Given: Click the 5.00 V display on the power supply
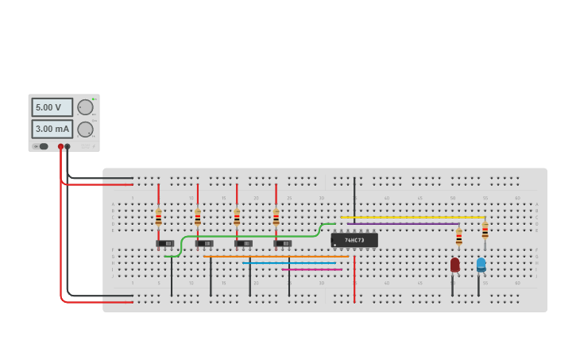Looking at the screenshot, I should point(52,107).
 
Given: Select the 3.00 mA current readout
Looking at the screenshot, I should point(52,129).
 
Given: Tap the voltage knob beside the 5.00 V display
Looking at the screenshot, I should point(85,107).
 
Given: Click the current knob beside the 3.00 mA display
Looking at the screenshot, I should point(85,129).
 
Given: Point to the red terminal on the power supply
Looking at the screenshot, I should point(60,147).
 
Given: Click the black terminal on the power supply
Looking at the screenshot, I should point(68,147).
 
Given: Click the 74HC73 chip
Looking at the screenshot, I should point(354,240).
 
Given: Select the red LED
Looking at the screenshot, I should point(454,265).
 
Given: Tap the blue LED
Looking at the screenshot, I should point(481,264).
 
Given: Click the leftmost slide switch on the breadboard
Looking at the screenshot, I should point(165,243).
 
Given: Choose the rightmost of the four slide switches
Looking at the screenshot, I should point(283,243).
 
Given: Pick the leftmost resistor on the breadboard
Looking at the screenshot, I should point(158,217).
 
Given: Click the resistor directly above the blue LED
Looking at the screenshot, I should point(485,230).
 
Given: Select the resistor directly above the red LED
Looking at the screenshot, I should point(458,237).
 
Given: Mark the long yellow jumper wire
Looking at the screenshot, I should point(413,217).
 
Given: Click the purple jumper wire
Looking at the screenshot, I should point(401,224).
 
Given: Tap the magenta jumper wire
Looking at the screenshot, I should point(311,269).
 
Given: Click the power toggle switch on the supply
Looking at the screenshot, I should point(42,146).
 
